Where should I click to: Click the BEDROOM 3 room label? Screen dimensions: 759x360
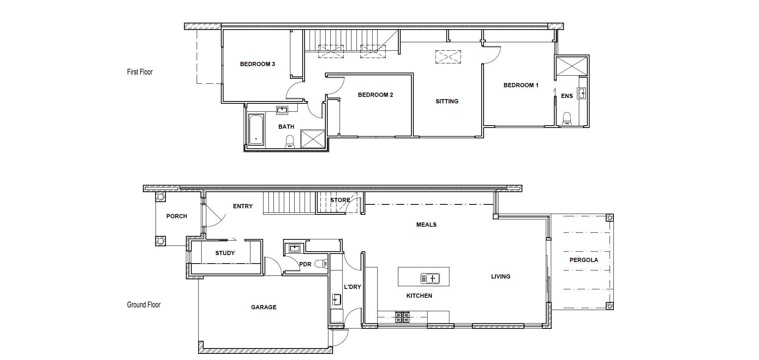click(257, 64)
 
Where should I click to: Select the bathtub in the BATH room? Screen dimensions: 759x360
click(256, 129)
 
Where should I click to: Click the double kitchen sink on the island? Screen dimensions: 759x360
click(430, 278)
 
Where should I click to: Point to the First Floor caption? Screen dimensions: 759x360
click(140, 72)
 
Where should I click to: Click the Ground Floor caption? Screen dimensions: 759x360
click(144, 305)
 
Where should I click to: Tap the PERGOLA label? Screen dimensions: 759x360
click(583, 260)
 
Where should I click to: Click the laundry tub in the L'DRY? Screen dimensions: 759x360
click(336, 300)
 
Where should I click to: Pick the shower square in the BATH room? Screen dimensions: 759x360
click(313, 139)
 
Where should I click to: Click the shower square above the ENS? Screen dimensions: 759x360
click(572, 66)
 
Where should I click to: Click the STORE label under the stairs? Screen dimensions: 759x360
click(340, 200)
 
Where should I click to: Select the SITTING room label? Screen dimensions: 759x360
click(447, 101)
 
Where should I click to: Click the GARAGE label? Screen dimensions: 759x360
click(263, 307)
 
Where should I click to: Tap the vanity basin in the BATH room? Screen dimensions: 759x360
click(282, 111)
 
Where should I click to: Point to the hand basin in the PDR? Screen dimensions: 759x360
click(295, 248)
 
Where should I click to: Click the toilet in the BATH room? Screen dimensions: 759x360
click(290, 142)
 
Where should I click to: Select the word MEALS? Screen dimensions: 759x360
click(426, 225)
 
